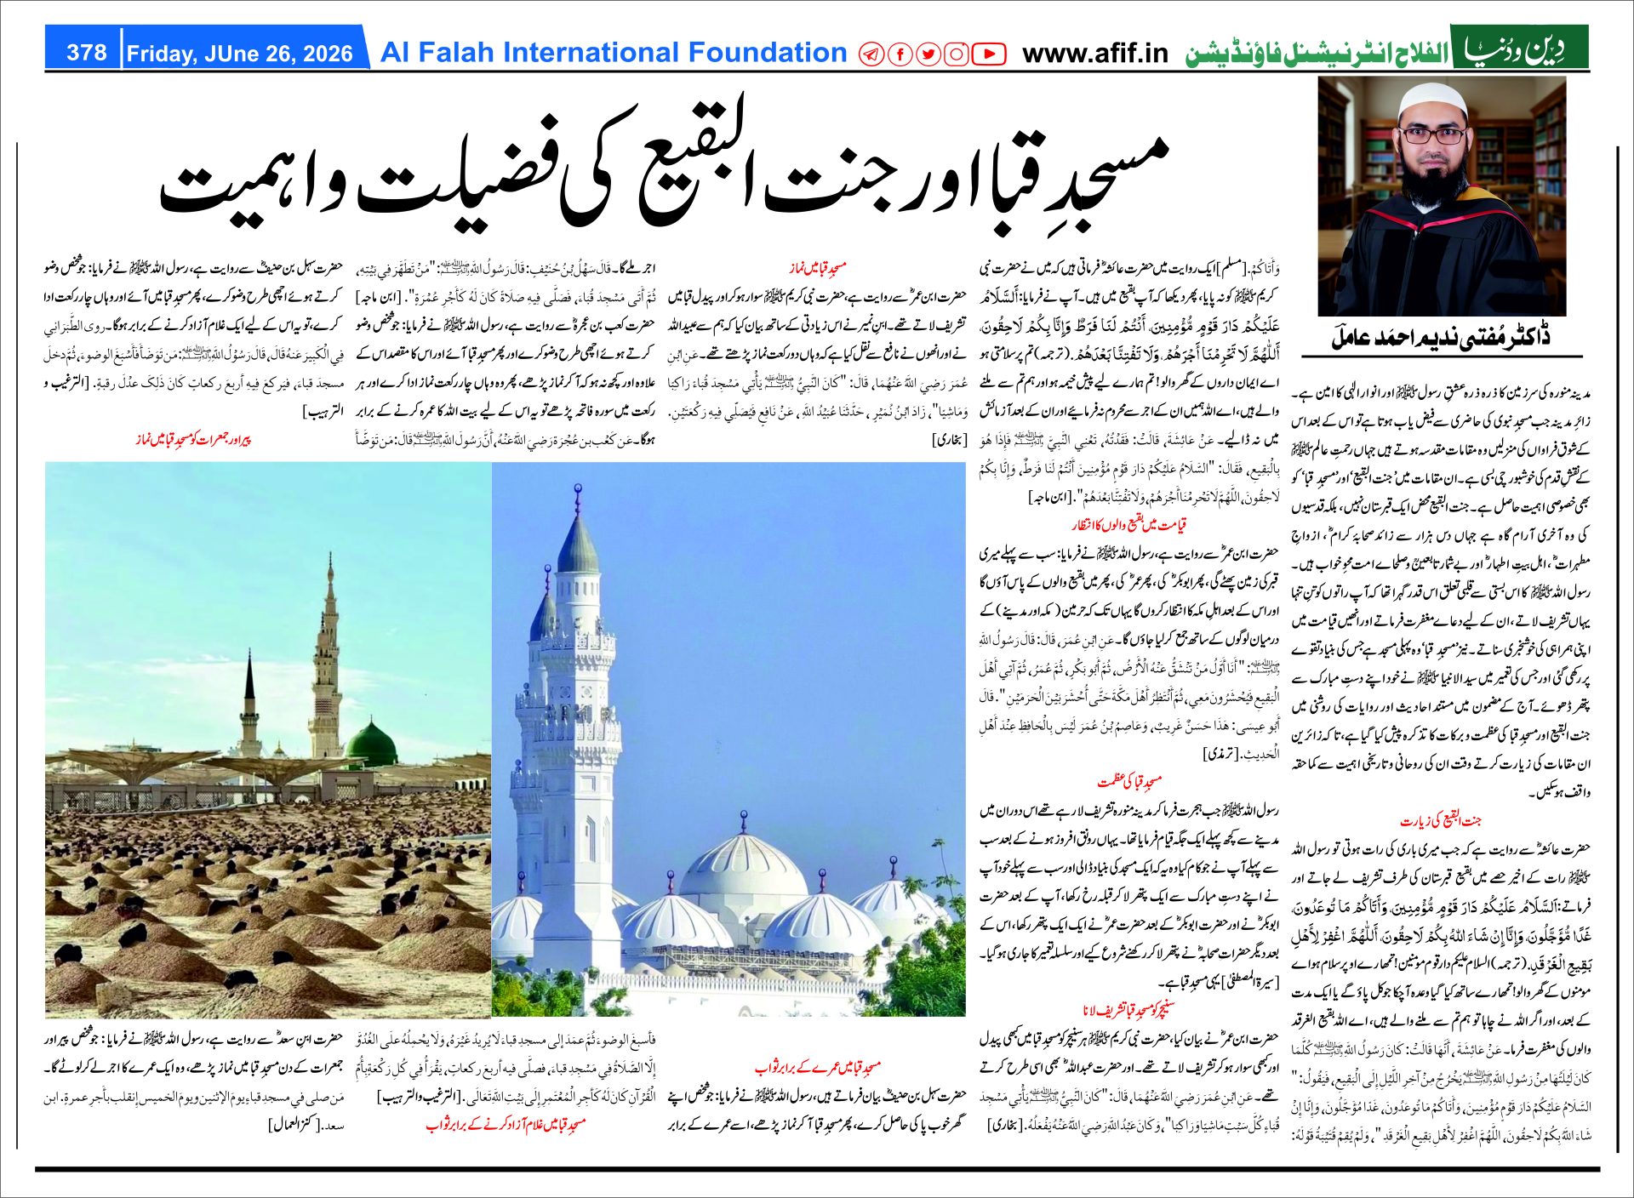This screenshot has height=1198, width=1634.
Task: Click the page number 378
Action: pyautogui.click(x=87, y=53)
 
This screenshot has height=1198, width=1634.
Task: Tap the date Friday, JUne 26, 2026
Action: pyautogui.click(x=239, y=54)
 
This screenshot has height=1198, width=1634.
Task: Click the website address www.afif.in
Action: pyautogui.click(x=1094, y=54)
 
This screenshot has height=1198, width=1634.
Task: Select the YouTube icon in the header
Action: pyautogui.click(x=988, y=54)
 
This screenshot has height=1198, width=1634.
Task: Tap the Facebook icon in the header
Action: pyautogui.click(x=900, y=54)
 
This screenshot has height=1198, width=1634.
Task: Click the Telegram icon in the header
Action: pyautogui.click(x=871, y=54)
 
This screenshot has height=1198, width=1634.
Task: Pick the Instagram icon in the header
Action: pyautogui.click(x=957, y=54)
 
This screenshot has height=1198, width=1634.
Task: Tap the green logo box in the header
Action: pyautogui.click(x=1519, y=48)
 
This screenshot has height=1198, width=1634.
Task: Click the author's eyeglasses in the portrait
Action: pyautogui.click(x=1435, y=136)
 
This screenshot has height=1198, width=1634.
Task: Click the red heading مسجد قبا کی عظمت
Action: pyautogui.click(x=1129, y=780)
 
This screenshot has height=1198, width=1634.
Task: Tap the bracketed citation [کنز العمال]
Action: pyautogui.click(x=295, y=1125)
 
